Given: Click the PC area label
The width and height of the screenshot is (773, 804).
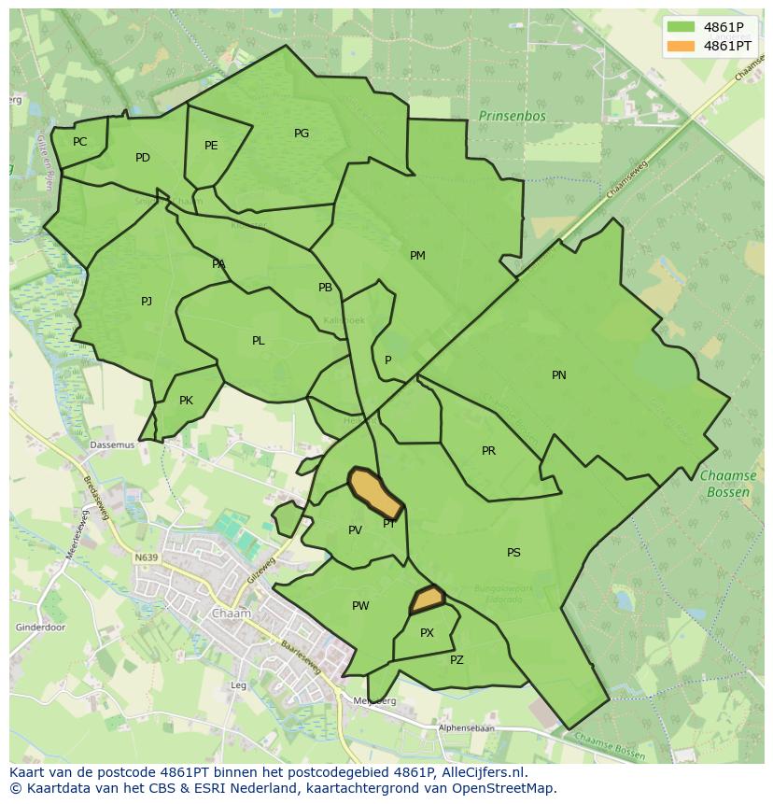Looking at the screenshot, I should click(x=79, y=142).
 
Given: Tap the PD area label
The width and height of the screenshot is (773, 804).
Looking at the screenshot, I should click(x=142, y=158).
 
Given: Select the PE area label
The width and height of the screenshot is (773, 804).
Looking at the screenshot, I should click(x=211, y=146).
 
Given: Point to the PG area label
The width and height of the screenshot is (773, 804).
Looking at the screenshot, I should click(x=301, y=134).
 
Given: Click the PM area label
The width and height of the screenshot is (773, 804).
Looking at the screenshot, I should click(x=417, y=256).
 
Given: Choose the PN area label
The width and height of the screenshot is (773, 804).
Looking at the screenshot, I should click(x=558, y=375).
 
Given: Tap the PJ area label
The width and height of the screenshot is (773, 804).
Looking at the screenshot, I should click(x=147, y=302).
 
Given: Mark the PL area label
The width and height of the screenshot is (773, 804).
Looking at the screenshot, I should click(x=259, y=341).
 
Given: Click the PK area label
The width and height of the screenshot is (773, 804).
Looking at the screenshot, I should click(x=186, y=401).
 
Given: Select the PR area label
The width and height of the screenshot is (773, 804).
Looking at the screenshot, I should click(x=488, y=451).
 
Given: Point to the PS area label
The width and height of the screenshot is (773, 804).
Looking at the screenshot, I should click(x=513, y=553).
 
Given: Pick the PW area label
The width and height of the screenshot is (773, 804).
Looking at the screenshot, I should click(x=360, y=606).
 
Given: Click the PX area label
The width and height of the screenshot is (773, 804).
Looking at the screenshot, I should click(x=427, y=633).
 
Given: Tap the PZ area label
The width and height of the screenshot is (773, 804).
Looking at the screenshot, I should click(x=457, y=660).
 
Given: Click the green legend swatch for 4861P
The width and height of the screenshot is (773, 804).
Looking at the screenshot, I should click(x=682, y=27).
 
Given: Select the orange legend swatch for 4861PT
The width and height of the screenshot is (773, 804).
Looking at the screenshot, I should click(x=682, y=46).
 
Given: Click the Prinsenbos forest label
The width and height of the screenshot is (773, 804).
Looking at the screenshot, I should click(x=512, y=117).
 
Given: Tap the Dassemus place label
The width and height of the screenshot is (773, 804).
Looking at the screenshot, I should click(x=112, y=445).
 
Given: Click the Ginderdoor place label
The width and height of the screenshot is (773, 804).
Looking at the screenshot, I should click(x=40, y=628).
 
